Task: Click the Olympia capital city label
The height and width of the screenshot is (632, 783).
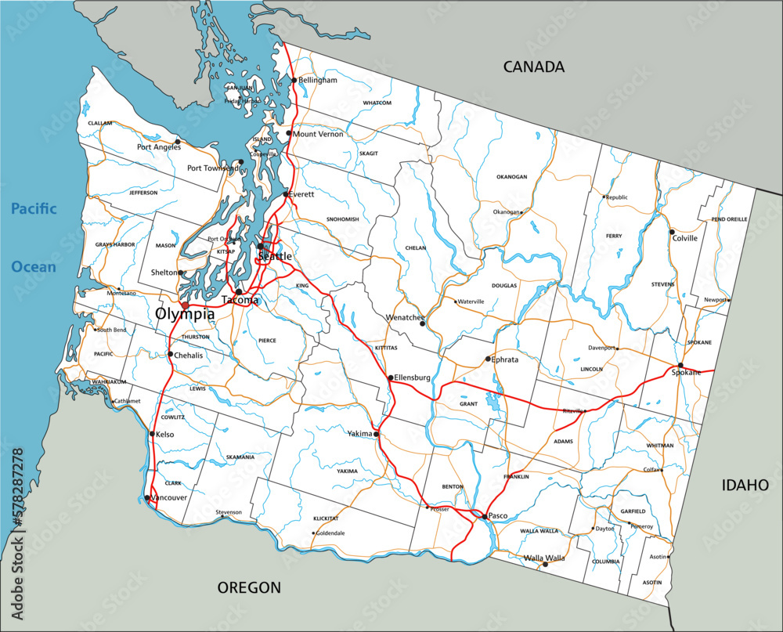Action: pyautogui.click(x=185, y=314)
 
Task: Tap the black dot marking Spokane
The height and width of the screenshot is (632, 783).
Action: pyautogui.click(x=680, y=366)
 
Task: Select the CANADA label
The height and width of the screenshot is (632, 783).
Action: pyautogui.click(x=533, y=67)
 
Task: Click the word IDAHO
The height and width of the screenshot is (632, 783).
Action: pyautogui.click(x=745, y=486)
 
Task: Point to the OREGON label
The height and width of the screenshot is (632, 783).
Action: pyautogui.click(x=249, y=587)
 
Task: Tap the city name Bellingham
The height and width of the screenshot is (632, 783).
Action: pyautogui.click(x=318, y=80)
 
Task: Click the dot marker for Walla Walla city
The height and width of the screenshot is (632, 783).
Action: pyautogui.click(x=545, y=564)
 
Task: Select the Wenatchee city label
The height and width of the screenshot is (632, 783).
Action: pyautogui.click(x=405, y=318)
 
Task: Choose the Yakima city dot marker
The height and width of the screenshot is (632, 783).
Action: pyautogui.click(x=377, y=434)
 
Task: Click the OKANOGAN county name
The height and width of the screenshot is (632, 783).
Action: pyautogui.click(x=511, y=177)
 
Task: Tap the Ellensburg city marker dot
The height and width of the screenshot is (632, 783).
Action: pyautogui.click(x=391, y=377)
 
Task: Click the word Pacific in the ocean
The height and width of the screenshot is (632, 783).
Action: pyautogui.click(x=34, y=208)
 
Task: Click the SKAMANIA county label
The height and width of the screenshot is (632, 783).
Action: pyautogui.click(x=239, y=457)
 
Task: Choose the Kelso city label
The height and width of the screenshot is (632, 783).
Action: pyautogui.click(x=165, y=434)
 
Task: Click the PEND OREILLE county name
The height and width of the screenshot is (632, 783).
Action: pyautogui.click(x=729, y=219)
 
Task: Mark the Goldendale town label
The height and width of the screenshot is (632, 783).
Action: pyautogui.click(x=330, y=533)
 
